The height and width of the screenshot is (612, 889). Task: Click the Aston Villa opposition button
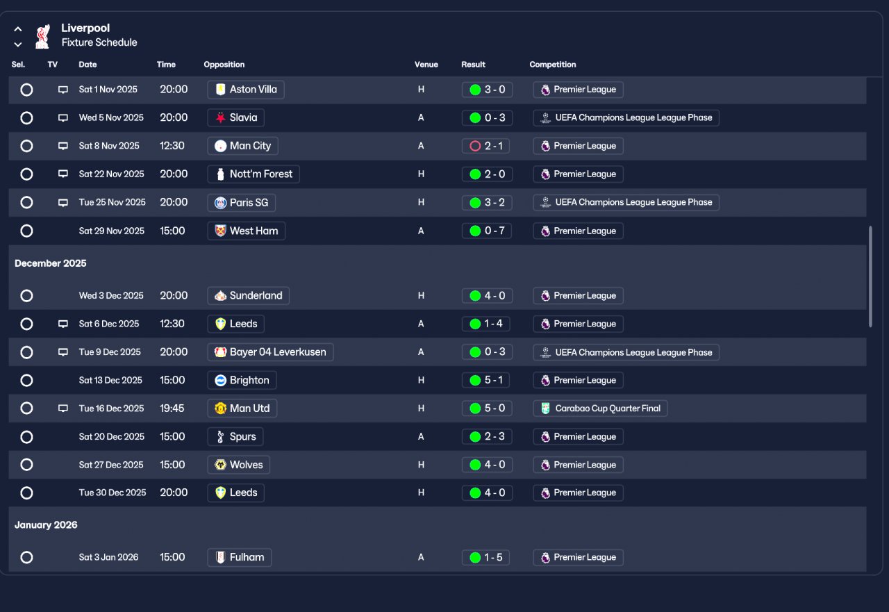pyautogui.click(x=246, y=90)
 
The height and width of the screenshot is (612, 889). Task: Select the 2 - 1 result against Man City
pyautogui.click(x=487, y=146)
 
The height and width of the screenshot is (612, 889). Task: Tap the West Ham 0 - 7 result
pyautogui.click(x=487, y=231)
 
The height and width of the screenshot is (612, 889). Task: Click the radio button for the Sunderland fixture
pyautogui.click(x=26, y=296)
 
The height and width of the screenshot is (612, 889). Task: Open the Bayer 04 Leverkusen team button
pyautogui.click(x=270, y=352)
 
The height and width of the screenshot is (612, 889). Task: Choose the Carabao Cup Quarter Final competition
pyautogui.click(x=600, y=408)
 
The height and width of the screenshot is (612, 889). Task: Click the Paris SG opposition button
pyautogui.click(x=241, y=202)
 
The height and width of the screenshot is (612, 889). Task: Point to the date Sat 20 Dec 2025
pyautogui.click(x=112, y=437)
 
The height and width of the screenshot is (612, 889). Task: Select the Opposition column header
pyautogui.click(x=224, y=65)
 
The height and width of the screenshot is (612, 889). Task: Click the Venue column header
pyautogui.click(x=426, y=65)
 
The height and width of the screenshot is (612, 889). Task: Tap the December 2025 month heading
pyautogui.click(x=51, y=263)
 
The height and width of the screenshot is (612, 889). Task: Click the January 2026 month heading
pyautogui.click(x=46, y=525)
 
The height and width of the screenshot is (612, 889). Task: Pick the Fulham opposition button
pyautogui.click(x=240, y=557)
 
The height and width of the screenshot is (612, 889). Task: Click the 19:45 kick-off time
pyautogui.click(x=172, y=408)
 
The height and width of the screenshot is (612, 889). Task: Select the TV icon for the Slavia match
pyautogui.click(x=63, y=118)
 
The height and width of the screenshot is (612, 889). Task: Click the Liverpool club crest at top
pyautogui.click(x=42, y=35)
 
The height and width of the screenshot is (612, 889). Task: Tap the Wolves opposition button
pyautogui.click(x=238, y=465)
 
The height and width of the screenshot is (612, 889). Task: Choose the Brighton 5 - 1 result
pyautogui.click(x=487, y=380)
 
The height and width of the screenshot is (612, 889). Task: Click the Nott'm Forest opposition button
pyautogui.click(x=254, y=174)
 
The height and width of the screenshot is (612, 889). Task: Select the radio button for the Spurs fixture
pyautogui.click(x=26, y=437)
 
